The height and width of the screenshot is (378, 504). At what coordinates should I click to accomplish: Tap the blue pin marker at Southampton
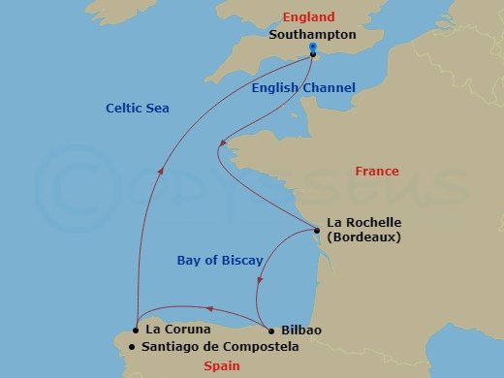[x=313, y=50]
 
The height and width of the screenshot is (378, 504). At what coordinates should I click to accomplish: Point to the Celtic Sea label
[x=137, y=109]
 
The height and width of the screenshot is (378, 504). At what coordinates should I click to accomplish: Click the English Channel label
[x=302, y=88]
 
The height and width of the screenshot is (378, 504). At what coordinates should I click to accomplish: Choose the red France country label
[x=376, y=172]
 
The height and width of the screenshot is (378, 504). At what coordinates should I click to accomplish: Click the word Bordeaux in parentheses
[x=364, y=236]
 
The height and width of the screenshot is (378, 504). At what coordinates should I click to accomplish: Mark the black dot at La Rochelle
[x=317, y=230]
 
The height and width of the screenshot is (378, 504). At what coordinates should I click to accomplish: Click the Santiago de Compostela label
[x=218, y=346]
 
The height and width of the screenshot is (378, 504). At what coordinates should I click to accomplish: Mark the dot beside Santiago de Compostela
[x=131, y=346]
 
